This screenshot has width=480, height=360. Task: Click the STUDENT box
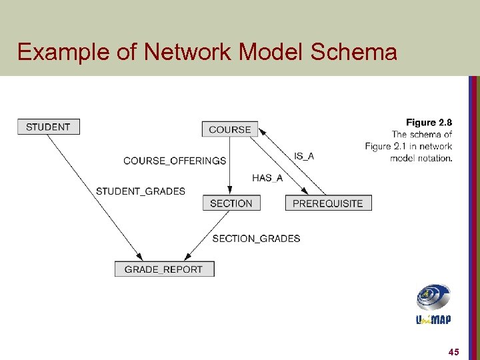click(x=48, y=127)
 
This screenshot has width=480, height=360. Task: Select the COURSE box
click(x=229, y=129)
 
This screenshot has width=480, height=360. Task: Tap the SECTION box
click(x=231, y=203)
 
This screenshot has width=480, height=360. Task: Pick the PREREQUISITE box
click(x=328, y=203)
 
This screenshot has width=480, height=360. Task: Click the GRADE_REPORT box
click(x=164, y=269)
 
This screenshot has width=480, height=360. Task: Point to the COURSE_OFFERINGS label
click(x=175, y=161)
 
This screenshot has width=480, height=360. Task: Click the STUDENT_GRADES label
click(x=141, y=191)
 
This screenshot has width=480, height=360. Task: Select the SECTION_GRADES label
click(x=256, y=239)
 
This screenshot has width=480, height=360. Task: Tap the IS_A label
click(x=303, y=156)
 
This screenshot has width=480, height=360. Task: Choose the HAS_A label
click(x=267, y=177)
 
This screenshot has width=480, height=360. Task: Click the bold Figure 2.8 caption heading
click(x=429, y=123)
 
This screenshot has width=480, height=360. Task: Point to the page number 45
click(x=454, y=351)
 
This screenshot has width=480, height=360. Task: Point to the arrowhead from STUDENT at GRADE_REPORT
click(x=139, y=257)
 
